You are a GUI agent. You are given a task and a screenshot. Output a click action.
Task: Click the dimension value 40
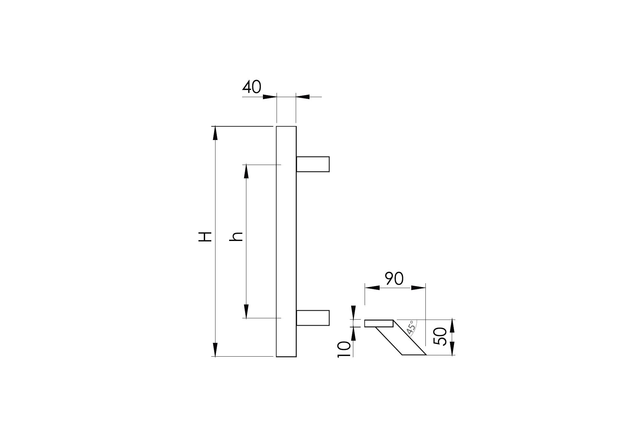(x=252, y=87)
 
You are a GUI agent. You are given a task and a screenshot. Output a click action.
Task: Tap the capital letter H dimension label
(x=205, y=237)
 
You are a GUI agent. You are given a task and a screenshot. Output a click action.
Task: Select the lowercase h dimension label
(x=236, y=237)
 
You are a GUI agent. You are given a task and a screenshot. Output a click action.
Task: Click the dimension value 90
(x=394, y=279)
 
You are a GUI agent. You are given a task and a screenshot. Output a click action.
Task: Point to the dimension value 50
(x=440, y=336)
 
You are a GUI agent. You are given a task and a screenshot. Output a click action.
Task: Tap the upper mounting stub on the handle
(x=313, y=164)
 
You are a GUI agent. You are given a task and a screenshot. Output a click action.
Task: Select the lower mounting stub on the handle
(x=313, y=318)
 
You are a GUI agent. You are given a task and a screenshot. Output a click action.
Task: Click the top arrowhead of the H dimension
(x=215, y=133)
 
